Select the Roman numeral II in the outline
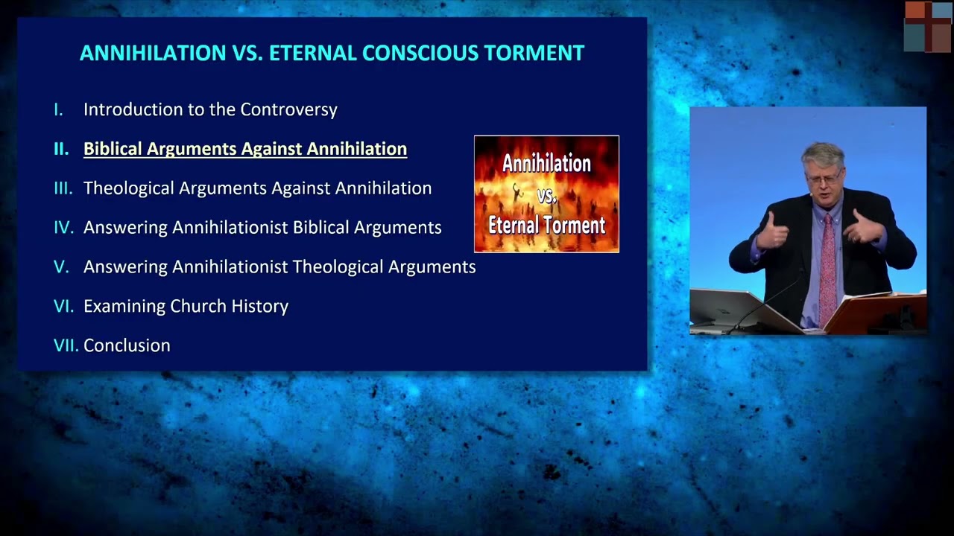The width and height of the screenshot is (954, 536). coord(61,149)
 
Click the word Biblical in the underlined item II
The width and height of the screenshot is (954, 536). coord(113,149)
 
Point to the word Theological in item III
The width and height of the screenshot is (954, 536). coord(129,188)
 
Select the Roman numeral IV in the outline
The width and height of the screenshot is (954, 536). coord(63,228)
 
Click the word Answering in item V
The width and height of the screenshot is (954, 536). coord(125,267)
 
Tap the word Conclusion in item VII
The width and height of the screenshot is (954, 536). coord(127,345)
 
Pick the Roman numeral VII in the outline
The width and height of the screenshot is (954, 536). coord(66,345)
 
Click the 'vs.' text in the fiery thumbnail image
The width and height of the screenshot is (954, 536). coord(547,195)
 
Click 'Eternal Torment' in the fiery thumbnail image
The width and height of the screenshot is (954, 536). coord(546,225)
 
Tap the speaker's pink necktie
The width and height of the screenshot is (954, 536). coord(827,268)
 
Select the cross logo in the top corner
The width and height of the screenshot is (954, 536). coord(927,27)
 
